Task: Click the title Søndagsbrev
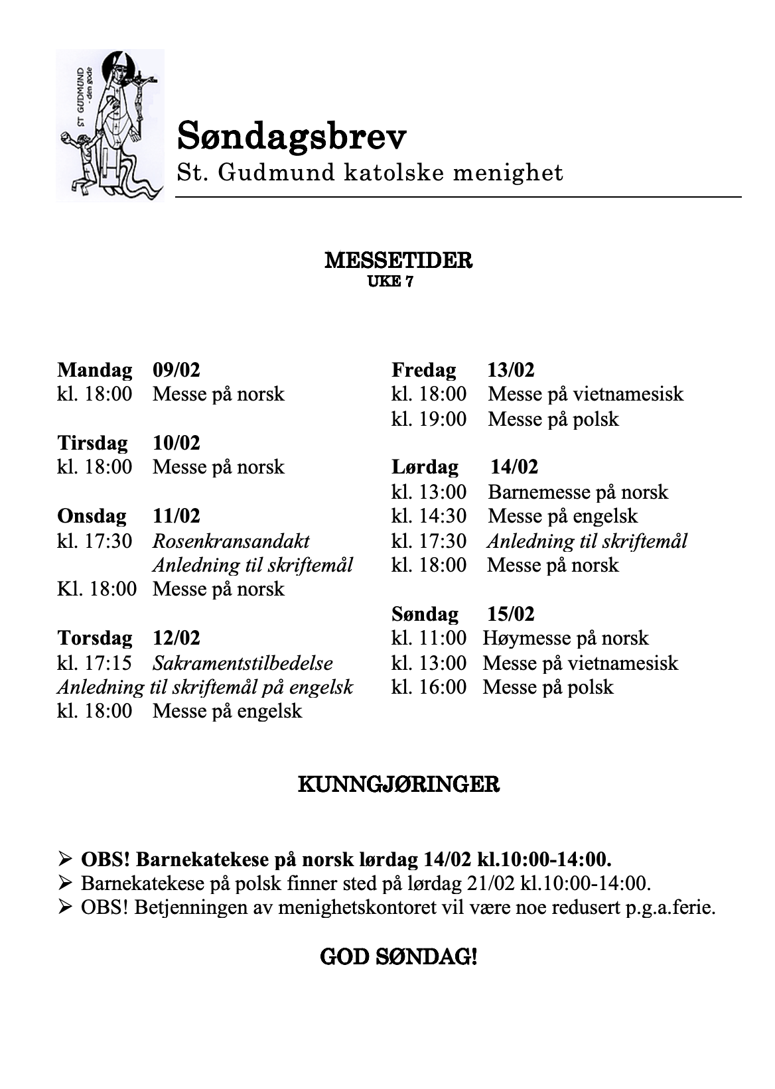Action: [x=292, y=137]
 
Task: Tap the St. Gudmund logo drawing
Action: [x=110, y=125]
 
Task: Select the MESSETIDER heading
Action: [x=398, y=261]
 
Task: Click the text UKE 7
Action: [x=390, y=282]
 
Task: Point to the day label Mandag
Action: [x=94, y=369]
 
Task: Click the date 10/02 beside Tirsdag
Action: [x=176, y=442]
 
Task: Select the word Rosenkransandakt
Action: [x=231, y=541]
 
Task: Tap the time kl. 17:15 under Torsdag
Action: [x=94, y=663]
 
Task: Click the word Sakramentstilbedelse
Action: [x=243, y=663]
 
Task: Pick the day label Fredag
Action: [x=423, y=369]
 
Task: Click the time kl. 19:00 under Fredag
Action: [x=429, y=419]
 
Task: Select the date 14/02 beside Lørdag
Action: [x=514, y=467]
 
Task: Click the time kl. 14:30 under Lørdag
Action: [x=429, y=516]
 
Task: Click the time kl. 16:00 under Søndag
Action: [x=429, y=687]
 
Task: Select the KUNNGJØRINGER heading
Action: [x=398, y=785]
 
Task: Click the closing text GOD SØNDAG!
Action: [x=398, y=957]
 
